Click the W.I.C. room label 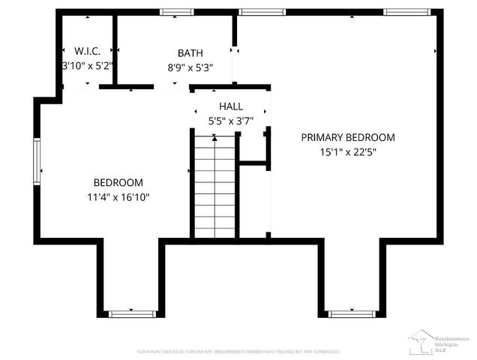87,52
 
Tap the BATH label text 190,53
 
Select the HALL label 230,106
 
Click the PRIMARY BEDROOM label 348,137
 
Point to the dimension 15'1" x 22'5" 348,151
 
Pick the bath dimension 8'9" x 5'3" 190,67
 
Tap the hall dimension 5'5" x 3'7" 230,120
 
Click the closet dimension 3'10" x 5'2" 87,65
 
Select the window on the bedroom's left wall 35,160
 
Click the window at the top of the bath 177,11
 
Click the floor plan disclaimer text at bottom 238,351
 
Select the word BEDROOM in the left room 118,183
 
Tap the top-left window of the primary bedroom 256,11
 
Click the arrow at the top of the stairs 214,137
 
